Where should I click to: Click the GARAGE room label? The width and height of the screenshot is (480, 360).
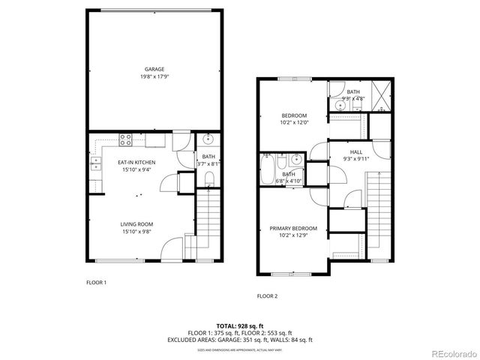click(x=154, y=69)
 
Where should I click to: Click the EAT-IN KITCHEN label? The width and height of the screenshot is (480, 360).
click(x=136, y=161)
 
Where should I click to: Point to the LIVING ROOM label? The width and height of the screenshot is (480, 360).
click(x=137, y=223)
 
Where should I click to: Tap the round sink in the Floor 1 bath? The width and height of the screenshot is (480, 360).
click(x=208, y=139)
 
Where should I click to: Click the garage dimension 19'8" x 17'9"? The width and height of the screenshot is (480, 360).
click(x=154, y=76)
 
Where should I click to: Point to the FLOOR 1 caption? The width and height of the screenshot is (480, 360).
click(x=96, y=283)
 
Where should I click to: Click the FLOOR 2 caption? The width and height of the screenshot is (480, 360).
click(x=267, y=296)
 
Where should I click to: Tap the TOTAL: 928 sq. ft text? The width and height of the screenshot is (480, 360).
click(x=239, y=325)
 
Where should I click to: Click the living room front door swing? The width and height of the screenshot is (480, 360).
click(x=173, y=247)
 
